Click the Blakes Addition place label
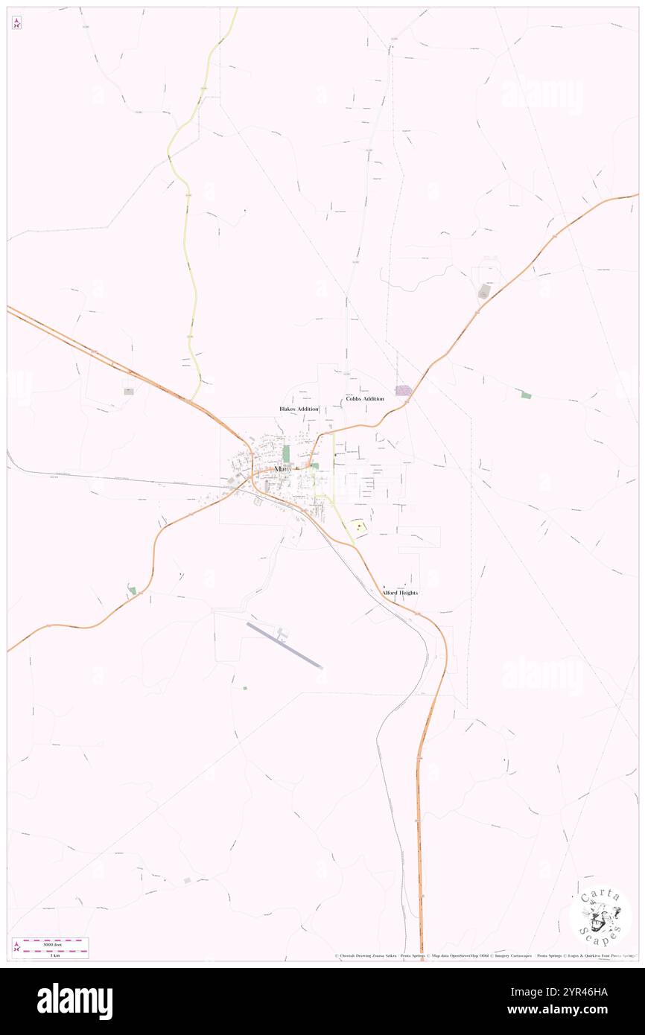[299, 409]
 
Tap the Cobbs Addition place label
[365, 398]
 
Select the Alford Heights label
[400, 593]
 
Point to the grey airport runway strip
[284, 645]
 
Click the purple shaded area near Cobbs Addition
[403, 390]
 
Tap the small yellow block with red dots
[359, 526]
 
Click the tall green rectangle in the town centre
[286, 454]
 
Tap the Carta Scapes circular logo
[600, 914]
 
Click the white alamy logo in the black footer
[74, 1001]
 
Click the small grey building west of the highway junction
[128, 390]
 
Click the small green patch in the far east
[526, 395]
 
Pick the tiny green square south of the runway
[244, 688]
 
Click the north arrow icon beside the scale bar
[16, 948]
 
